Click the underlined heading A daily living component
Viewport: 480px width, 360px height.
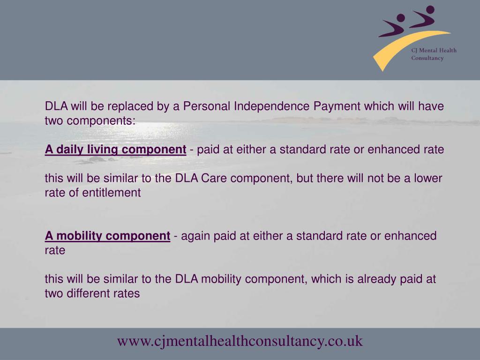point(116,150)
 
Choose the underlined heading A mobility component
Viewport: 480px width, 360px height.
point(107,236)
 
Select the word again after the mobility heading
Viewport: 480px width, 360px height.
point(196,236)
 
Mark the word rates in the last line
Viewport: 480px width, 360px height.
point(127,294)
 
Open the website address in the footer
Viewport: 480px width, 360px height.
point(240,341)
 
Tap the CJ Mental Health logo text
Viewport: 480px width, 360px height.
point(434,50)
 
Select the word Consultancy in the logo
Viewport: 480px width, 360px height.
point(427,58)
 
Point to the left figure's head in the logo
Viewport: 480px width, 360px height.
point(400,18)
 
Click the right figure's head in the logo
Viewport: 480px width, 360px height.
point(430,9)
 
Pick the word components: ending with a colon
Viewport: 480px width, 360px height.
point(101,120)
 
